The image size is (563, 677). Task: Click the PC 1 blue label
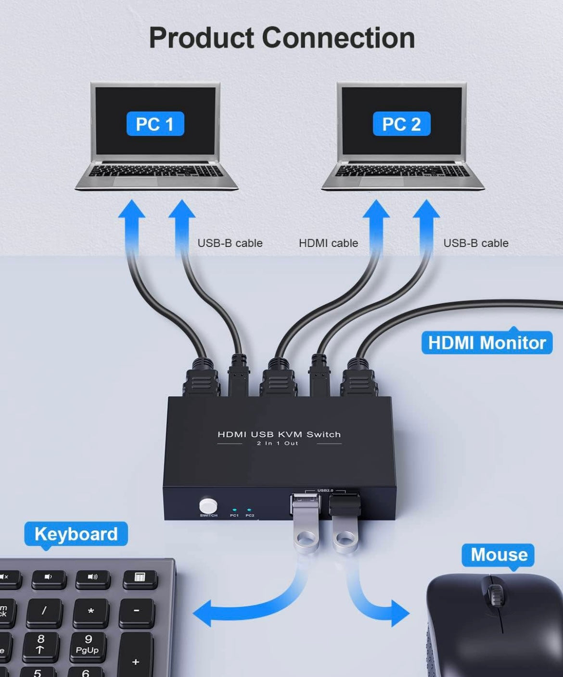[x=155, y=123]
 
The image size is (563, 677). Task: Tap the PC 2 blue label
[x=402, y=123]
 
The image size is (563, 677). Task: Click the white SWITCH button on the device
[x=208, y=505]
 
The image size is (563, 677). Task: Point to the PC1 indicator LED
[x=234, y=510]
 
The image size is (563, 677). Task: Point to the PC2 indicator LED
[x=249, y=510]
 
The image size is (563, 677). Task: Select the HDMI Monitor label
[x=487, y=343]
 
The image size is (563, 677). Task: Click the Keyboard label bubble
[x=76, y=534]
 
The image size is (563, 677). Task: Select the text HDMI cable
[x=328, y=243]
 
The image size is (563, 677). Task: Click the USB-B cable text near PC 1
[x=230, y=243]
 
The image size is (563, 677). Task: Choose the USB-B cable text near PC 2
[x=475, y=243]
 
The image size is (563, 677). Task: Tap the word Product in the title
[x=201, y=37]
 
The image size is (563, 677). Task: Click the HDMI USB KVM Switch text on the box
[x=279, y=434]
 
